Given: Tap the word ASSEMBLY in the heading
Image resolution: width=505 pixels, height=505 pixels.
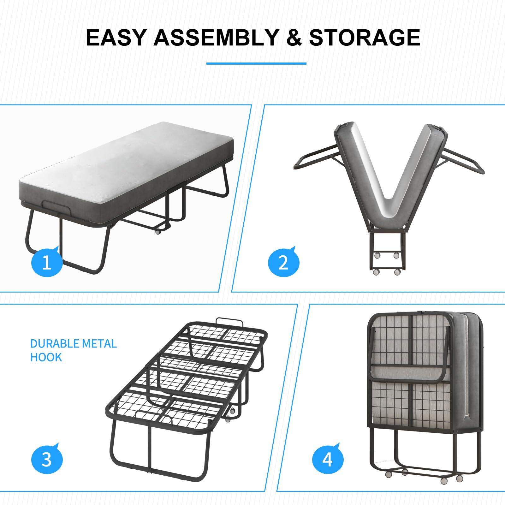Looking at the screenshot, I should point(215,38).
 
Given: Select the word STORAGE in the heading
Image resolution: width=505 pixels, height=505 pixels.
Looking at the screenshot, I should point(364,38).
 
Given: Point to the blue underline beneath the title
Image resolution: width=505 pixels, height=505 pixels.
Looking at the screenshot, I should point(256,63).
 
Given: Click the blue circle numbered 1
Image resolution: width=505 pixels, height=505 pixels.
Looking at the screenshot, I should point(47,262).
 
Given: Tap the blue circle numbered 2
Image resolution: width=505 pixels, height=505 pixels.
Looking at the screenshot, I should point(283,262).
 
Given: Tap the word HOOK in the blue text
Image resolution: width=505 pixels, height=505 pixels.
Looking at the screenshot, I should point(46,357).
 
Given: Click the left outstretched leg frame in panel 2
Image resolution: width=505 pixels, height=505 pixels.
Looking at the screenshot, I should point(316,158).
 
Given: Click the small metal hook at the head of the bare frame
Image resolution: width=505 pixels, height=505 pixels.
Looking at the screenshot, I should point(230,323).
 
